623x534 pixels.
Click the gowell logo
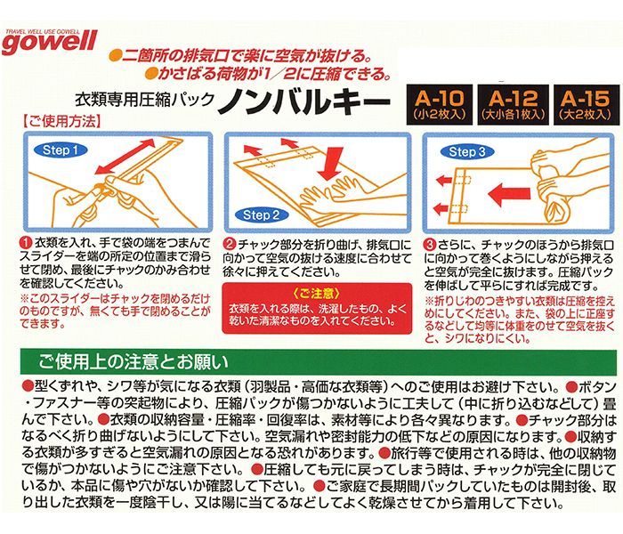pos(49,42)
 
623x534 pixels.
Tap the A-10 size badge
pos(439,105)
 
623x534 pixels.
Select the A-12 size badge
pos(513,105)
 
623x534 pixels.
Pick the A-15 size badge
pos(586,105)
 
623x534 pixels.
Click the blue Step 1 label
pos(61,150)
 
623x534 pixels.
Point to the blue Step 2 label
pos(261,215)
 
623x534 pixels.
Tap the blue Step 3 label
pos(467,151)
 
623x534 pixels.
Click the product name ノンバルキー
pos(304,102)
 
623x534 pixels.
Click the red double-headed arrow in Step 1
pos(125,156)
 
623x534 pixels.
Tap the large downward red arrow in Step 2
pos(331,164)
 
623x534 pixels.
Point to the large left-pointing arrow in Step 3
pos(509,194)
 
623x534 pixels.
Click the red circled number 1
pos(26,242)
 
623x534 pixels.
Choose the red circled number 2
pos(230,244)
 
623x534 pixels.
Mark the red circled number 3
pos(431,244)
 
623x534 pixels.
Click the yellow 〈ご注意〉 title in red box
pos(317,294)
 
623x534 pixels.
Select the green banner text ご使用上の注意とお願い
pos(133,362)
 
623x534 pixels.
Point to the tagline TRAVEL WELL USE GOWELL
pos(43,31)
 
